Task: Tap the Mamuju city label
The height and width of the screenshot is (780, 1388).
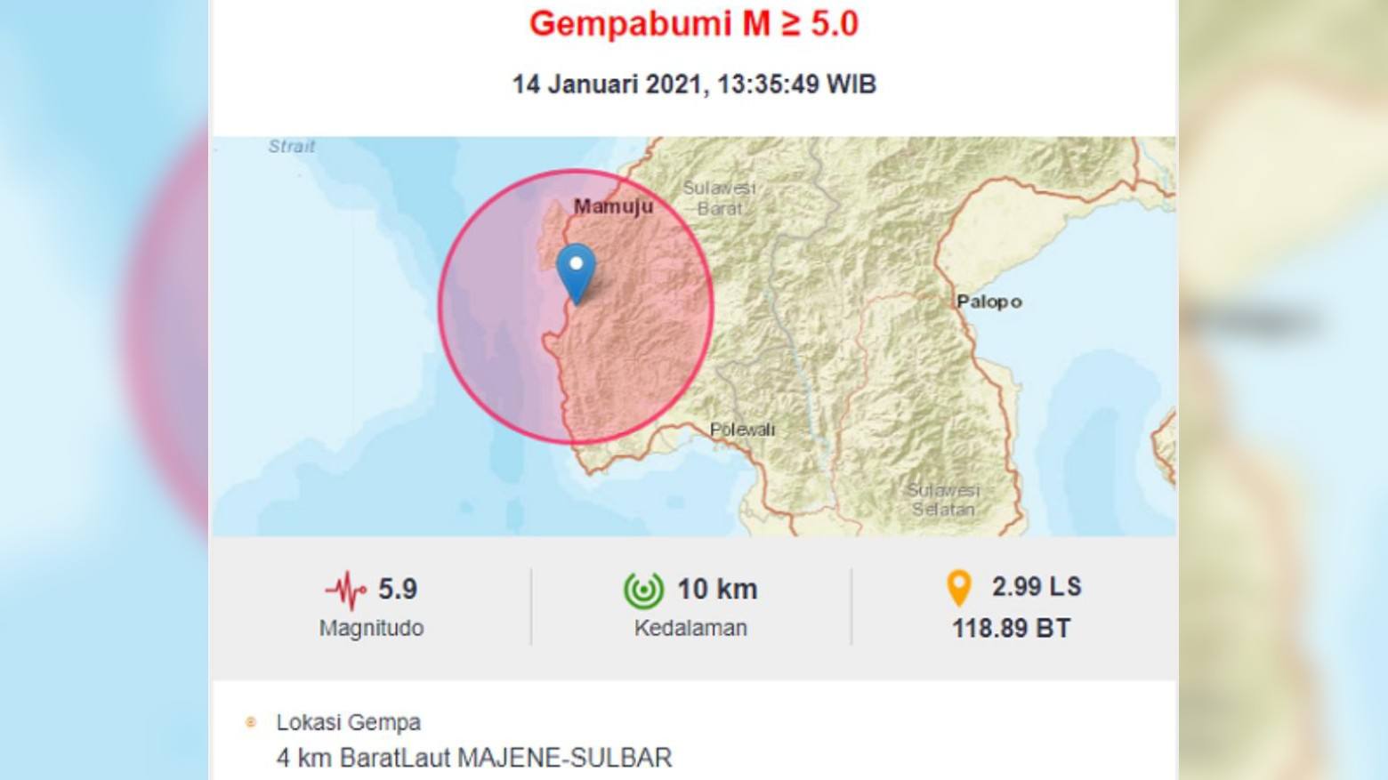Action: click(613, 206)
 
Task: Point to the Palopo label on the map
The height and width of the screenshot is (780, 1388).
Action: click(989, 302)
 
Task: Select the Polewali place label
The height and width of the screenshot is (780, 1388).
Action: click(742, 430)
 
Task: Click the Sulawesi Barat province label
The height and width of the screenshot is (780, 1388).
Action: click(719, 198)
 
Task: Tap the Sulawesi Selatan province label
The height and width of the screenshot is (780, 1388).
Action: click(942, 500)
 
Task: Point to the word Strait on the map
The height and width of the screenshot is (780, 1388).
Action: click(292, 146)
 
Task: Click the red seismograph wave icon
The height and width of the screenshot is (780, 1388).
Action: click(345, 590)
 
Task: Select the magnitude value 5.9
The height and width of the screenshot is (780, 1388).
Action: click(398, 589)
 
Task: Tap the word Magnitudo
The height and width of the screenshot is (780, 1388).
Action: click(371, 628)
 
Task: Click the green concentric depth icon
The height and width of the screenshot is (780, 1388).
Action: click(643, 590)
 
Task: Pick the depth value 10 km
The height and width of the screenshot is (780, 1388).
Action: click(717, 589)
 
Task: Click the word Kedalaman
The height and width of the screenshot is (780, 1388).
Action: click(690, 628)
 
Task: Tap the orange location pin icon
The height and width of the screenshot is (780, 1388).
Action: click(958, 588)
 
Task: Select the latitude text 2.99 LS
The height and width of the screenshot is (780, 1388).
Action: click(1037, 587)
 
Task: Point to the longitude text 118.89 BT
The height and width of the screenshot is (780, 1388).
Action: click(1011, 629)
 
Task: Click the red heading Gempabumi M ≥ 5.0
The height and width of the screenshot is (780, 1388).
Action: click(693, 24)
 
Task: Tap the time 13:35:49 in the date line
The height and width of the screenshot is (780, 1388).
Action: click(768, 84)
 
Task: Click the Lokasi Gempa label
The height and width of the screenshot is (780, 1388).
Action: click(348, 722)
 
